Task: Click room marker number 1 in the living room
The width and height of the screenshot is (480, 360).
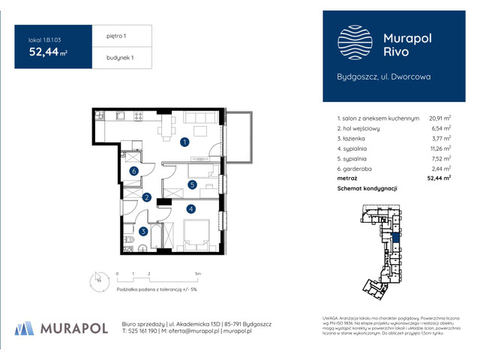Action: point(184,141)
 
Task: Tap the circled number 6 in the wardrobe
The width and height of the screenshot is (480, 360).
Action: point(133,171)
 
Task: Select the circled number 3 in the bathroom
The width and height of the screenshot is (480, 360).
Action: point(142,232)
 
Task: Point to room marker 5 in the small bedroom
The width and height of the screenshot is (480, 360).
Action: point(192,184)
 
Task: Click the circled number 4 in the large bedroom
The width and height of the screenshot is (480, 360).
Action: point(191,208)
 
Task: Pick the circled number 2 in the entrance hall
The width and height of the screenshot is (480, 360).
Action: point(147,197)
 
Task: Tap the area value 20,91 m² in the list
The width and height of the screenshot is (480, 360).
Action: point(439,118)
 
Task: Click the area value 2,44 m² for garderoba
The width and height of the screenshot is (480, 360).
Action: point(439,169)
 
